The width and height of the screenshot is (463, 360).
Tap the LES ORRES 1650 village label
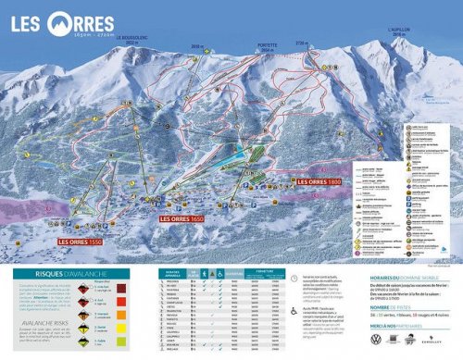(181, 219)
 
